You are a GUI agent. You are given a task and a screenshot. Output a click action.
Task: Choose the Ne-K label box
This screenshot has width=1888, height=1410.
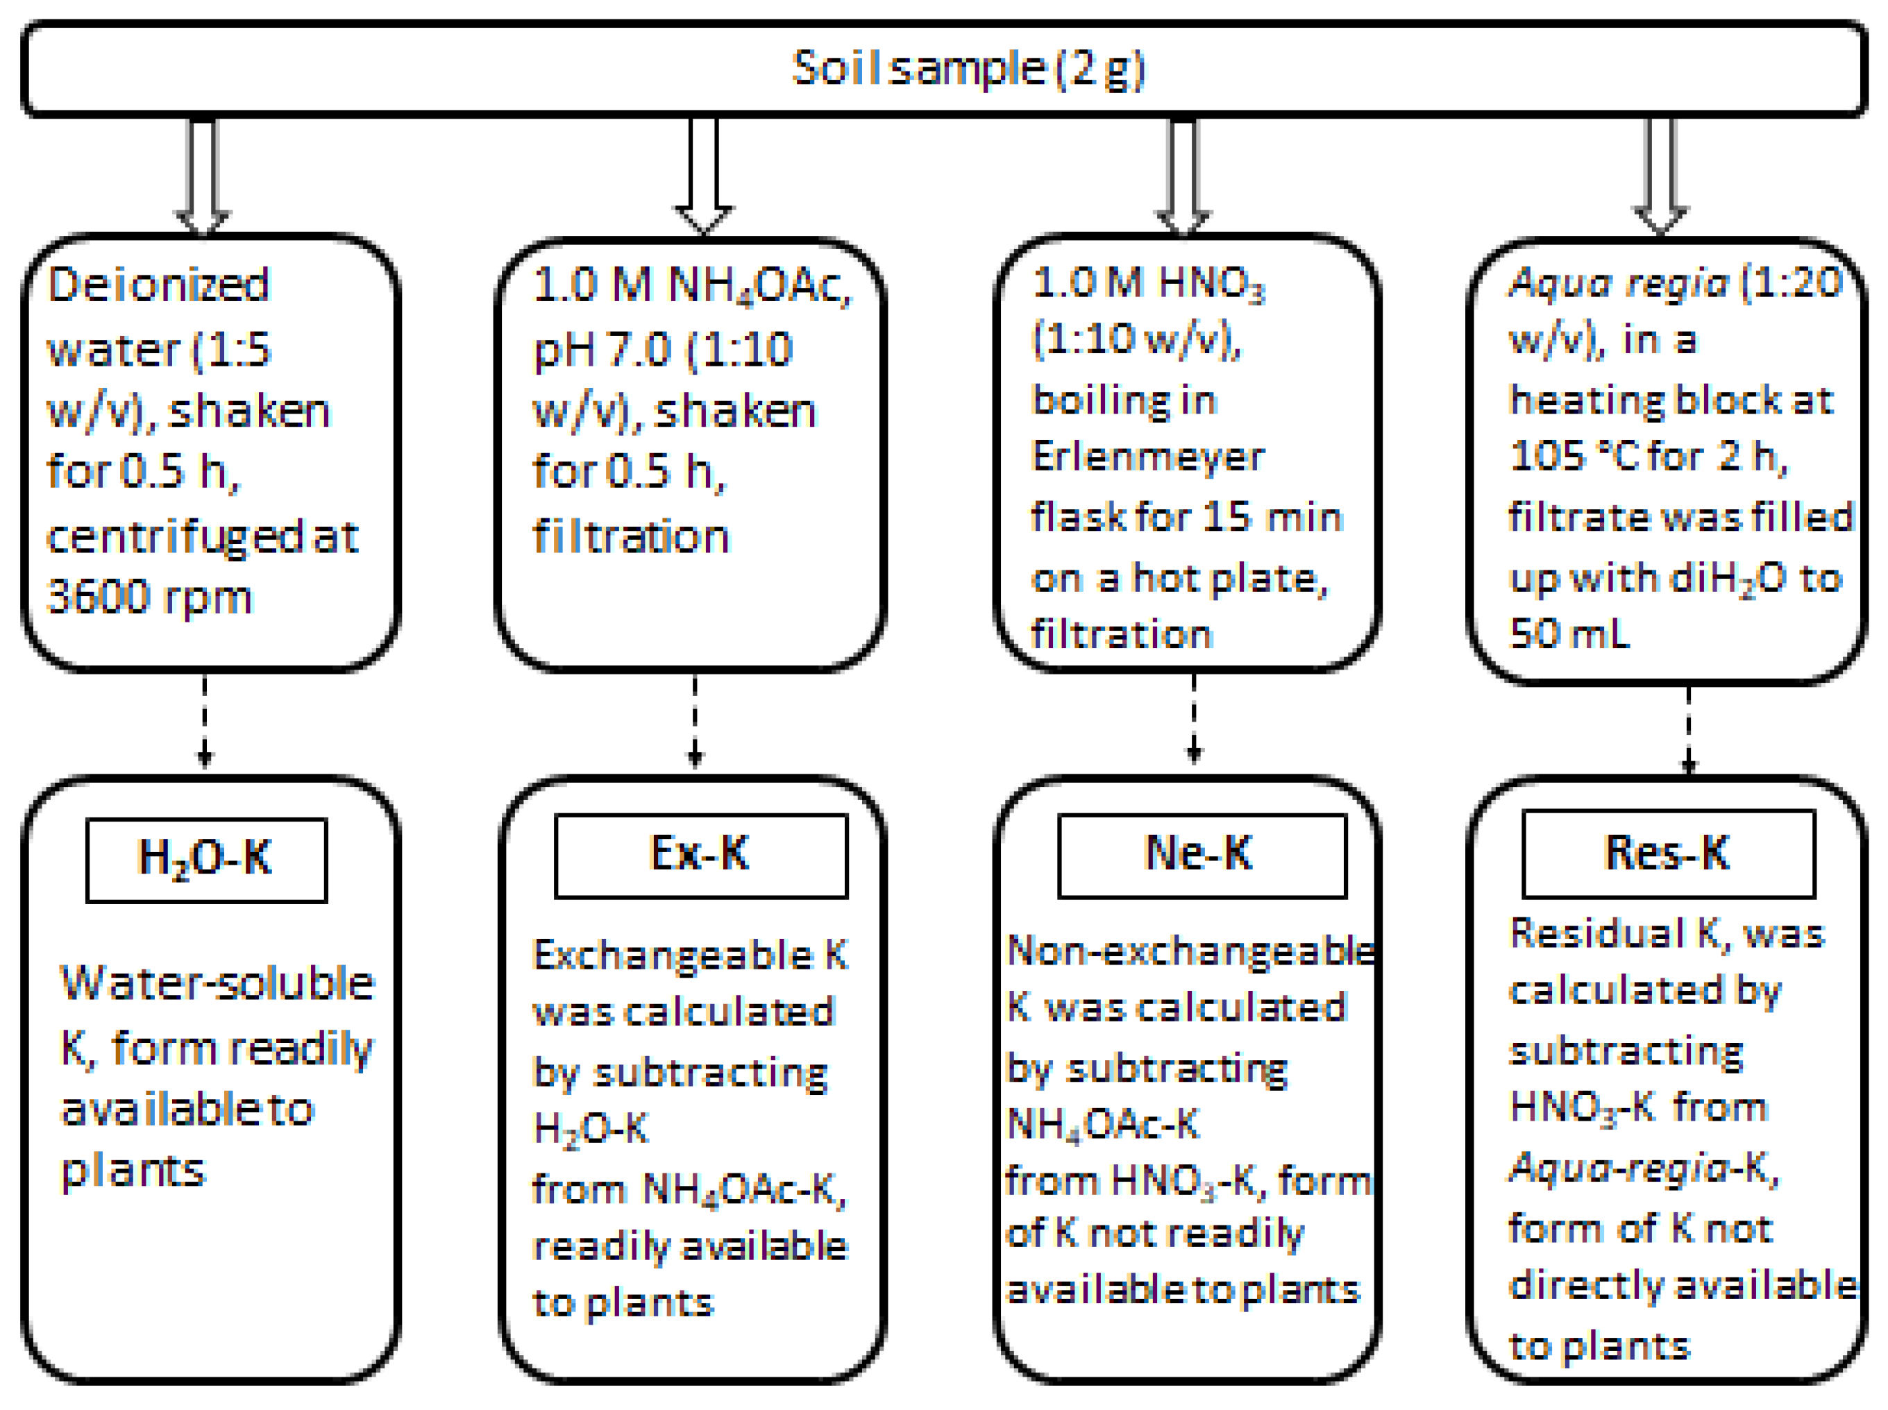click(1201, 854)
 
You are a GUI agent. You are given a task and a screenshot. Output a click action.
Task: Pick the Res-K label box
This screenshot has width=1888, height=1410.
click(1668, 853)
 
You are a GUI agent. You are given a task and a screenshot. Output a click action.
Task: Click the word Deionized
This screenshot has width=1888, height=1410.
click(158, 284)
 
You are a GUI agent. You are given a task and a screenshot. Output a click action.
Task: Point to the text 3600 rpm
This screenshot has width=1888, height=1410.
click(149, 597)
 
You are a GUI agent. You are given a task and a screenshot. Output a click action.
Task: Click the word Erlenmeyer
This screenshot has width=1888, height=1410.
click(1147, 457)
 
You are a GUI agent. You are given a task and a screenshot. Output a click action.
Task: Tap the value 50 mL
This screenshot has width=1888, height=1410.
click(1569, 634)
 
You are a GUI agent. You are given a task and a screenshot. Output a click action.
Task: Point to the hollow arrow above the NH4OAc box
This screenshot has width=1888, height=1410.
click(703, 175)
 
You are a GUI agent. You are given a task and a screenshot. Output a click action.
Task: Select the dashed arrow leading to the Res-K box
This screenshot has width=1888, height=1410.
click(1687, 730)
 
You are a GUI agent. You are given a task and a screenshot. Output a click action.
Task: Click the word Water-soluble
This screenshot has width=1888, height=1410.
click(217, 983)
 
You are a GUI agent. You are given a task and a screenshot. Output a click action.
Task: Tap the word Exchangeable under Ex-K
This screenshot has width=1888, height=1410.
click(672, 954)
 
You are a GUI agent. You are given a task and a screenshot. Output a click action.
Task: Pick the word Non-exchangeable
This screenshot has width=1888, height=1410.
click(1190, 951)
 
